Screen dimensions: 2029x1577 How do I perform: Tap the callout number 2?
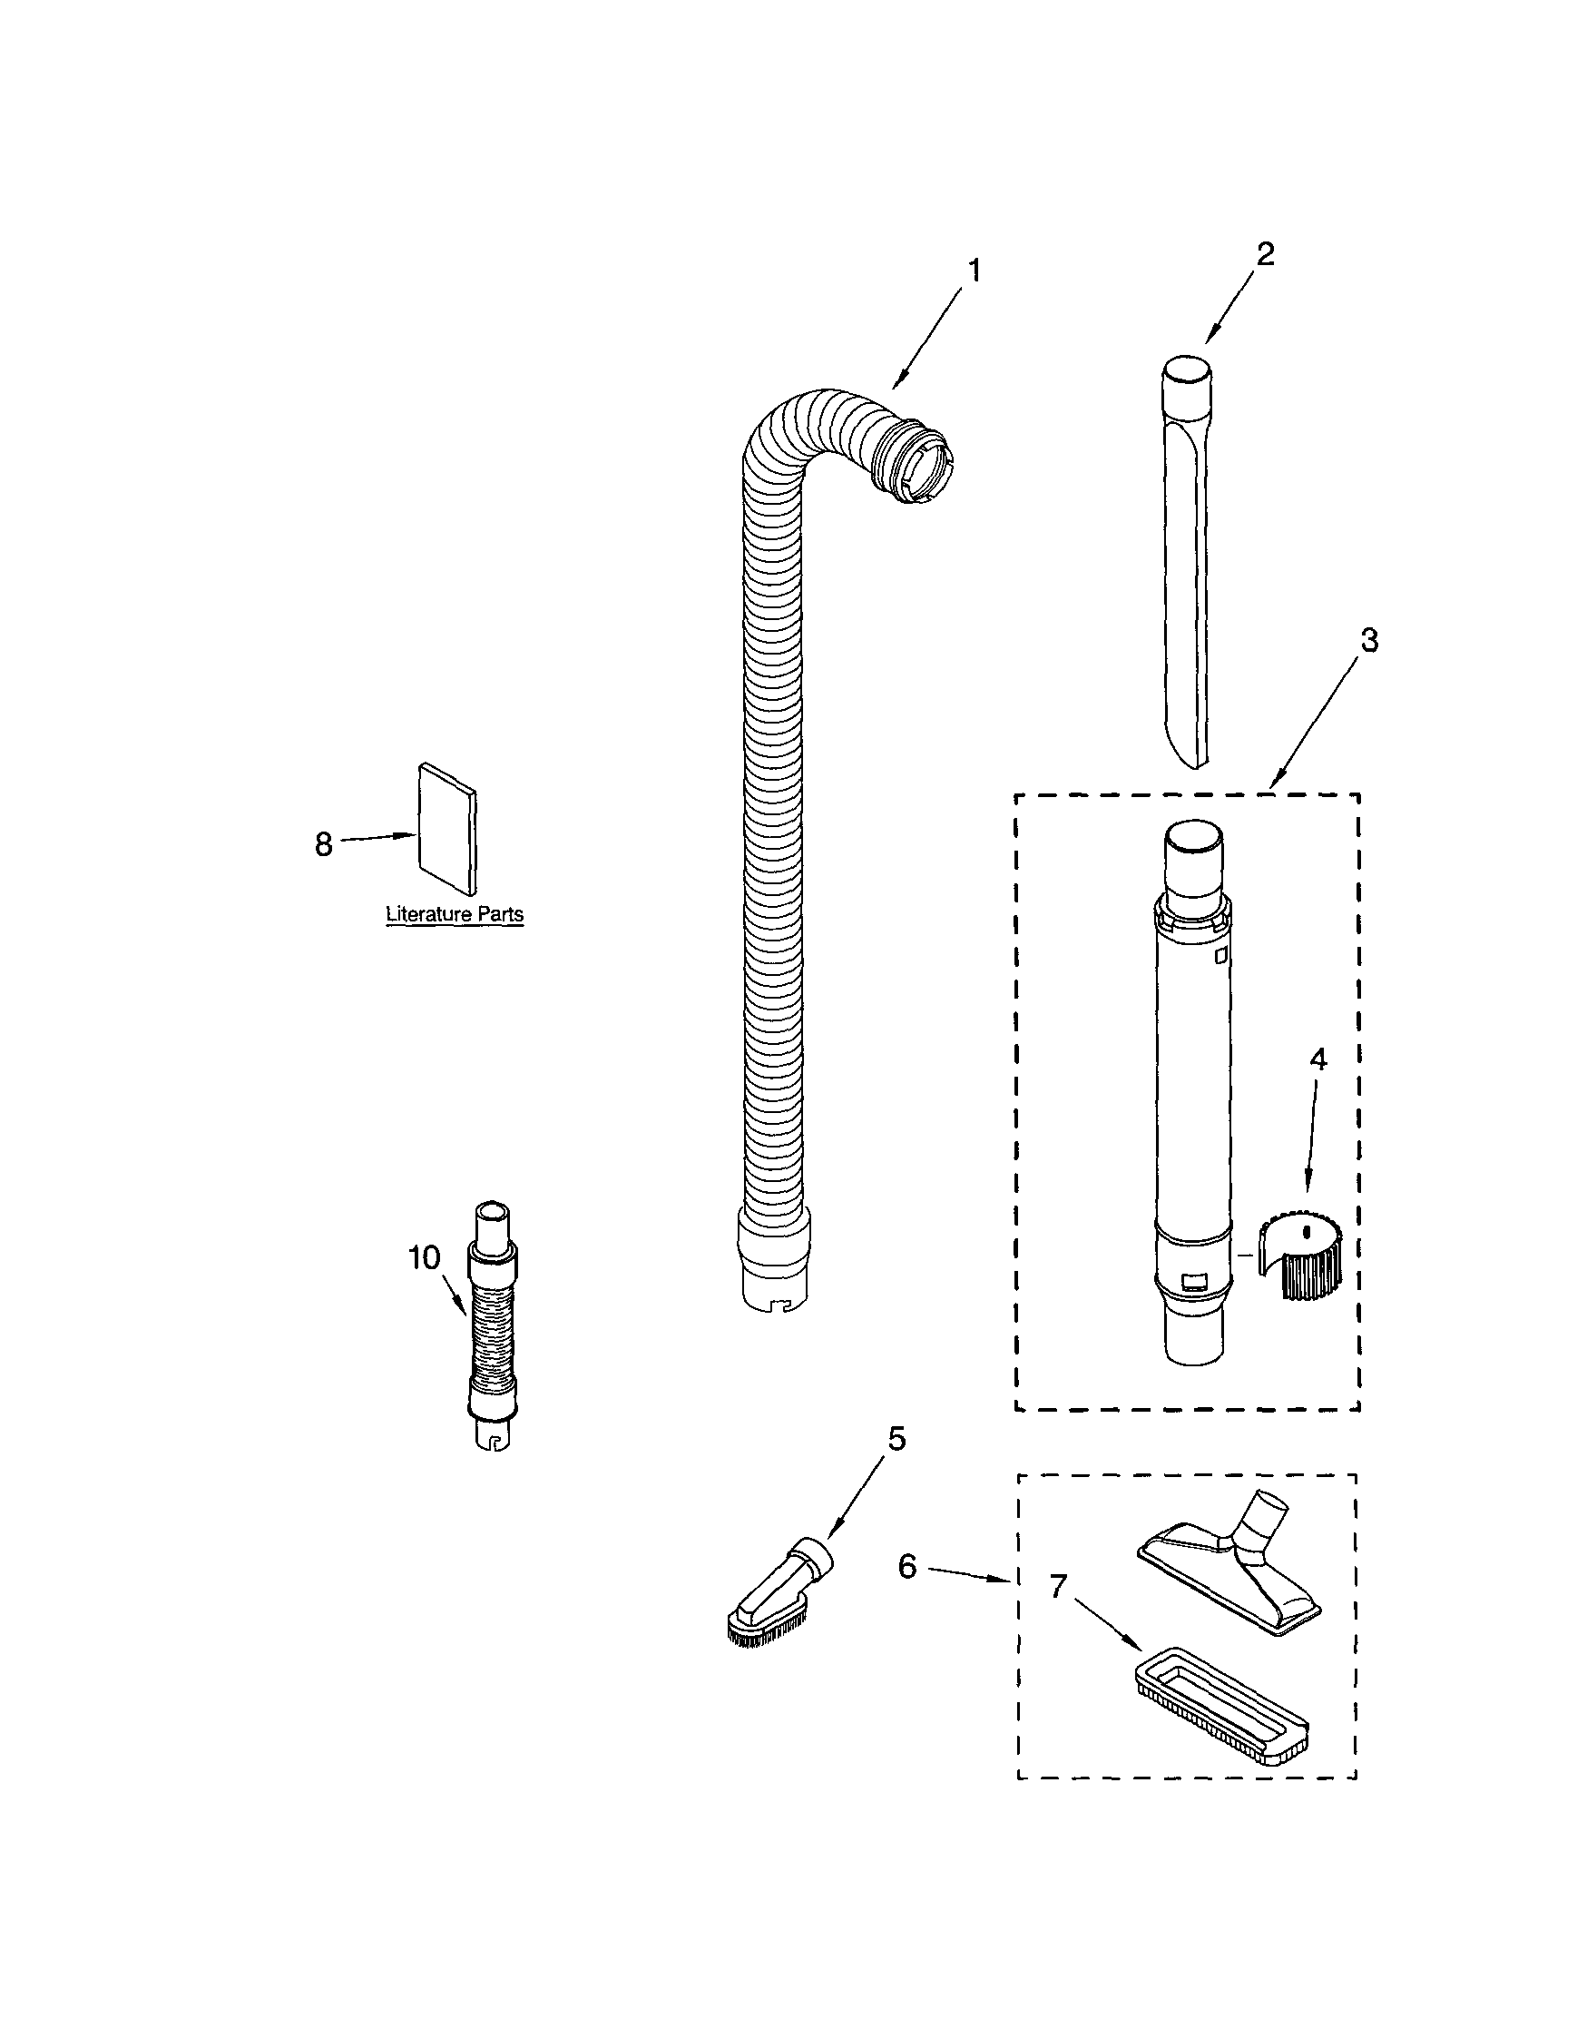click(1265, 253)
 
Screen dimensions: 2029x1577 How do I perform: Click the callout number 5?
click(896, 1439)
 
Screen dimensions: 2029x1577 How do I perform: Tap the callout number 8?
click(323, 844)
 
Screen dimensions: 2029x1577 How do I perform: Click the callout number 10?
click(424, 1258)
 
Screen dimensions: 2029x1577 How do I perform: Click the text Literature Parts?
click(455, 914)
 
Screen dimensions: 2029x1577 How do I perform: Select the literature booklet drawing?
click(447, 828)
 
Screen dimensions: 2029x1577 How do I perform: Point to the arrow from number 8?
click(377, 838)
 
